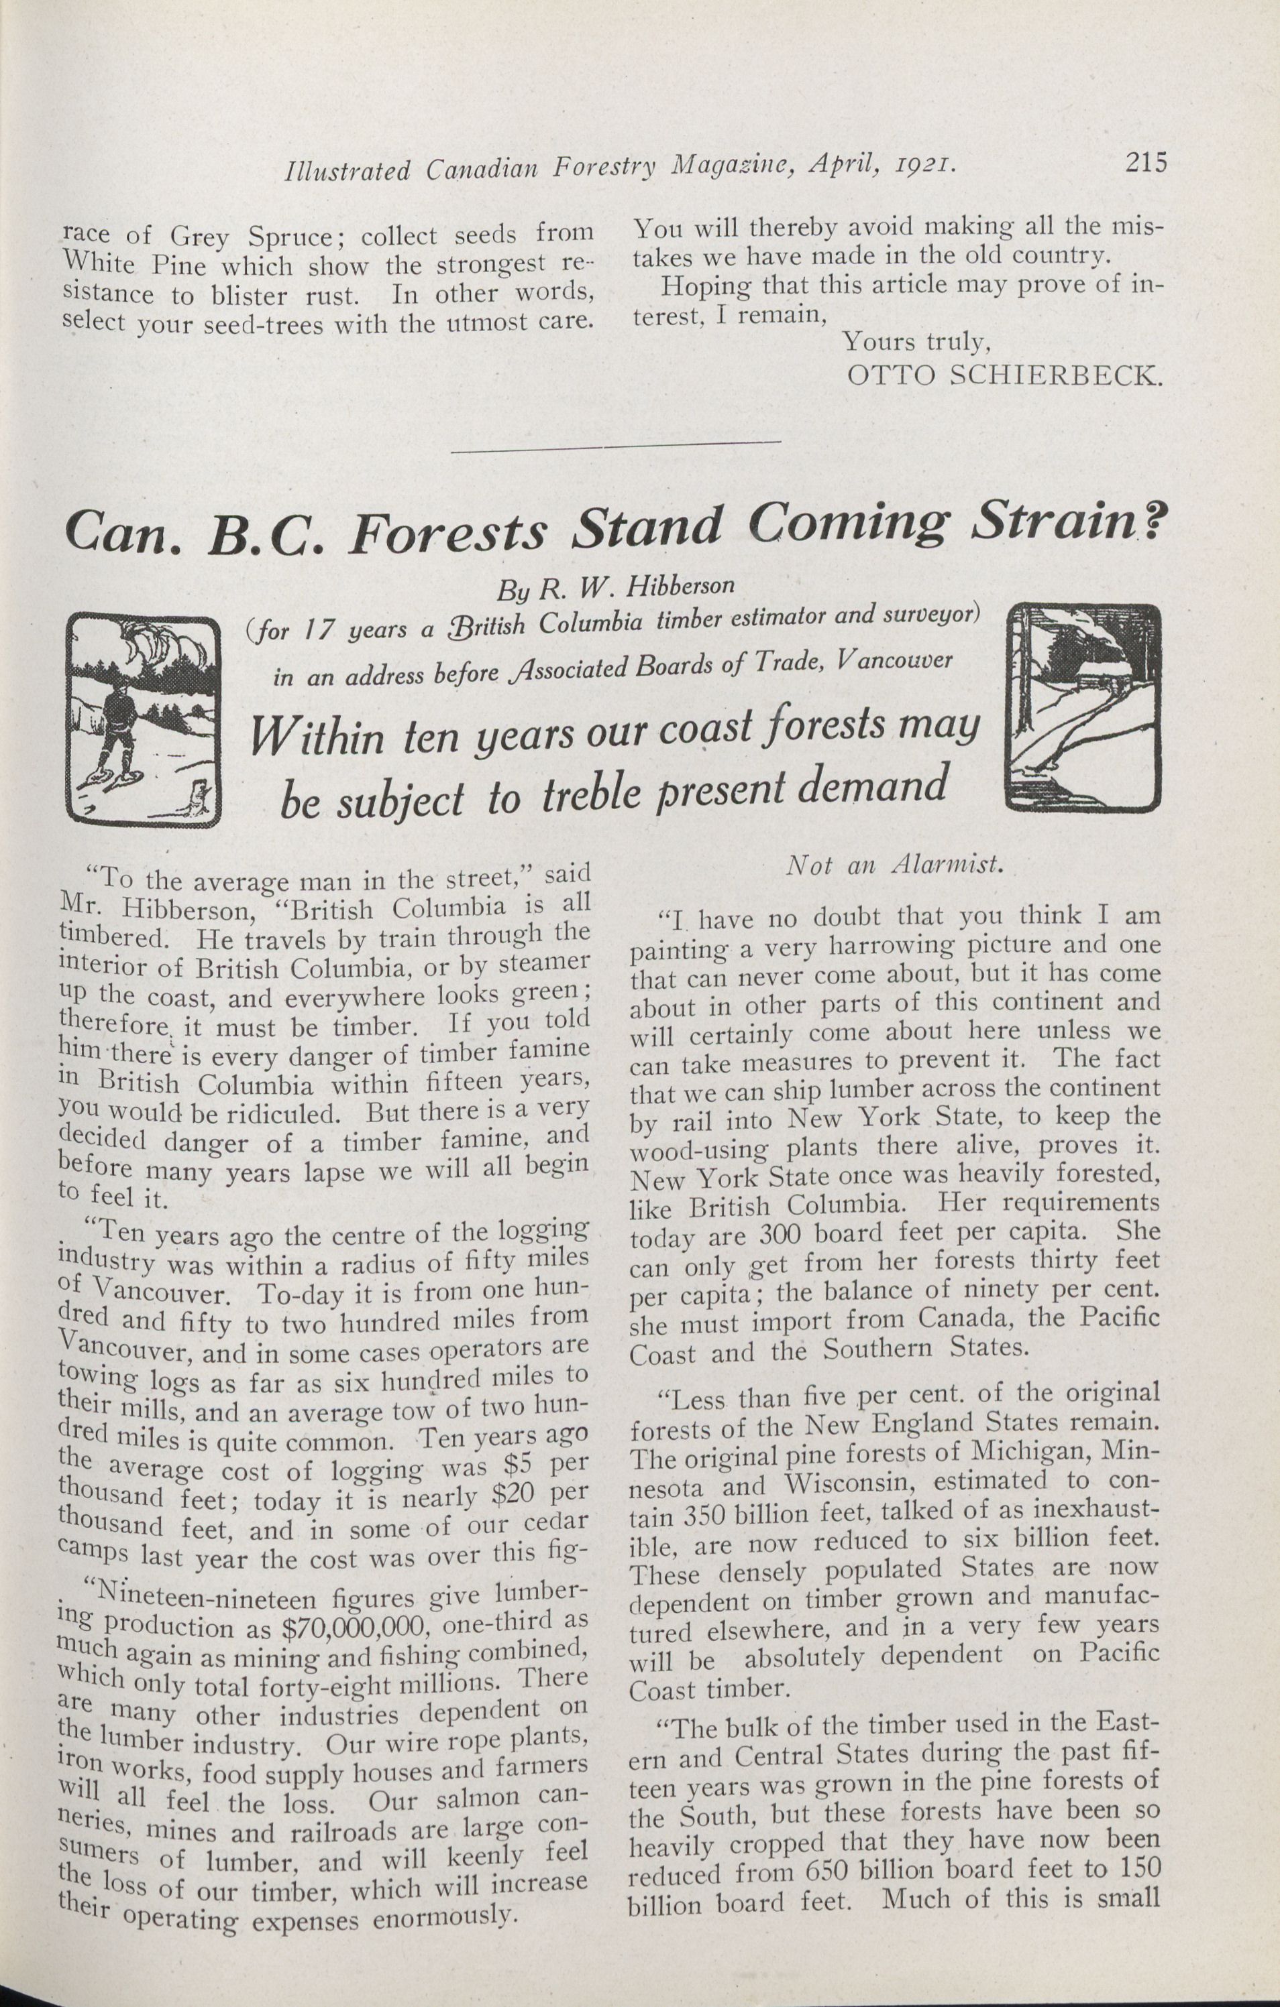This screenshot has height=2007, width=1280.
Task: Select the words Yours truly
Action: (916, 343)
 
